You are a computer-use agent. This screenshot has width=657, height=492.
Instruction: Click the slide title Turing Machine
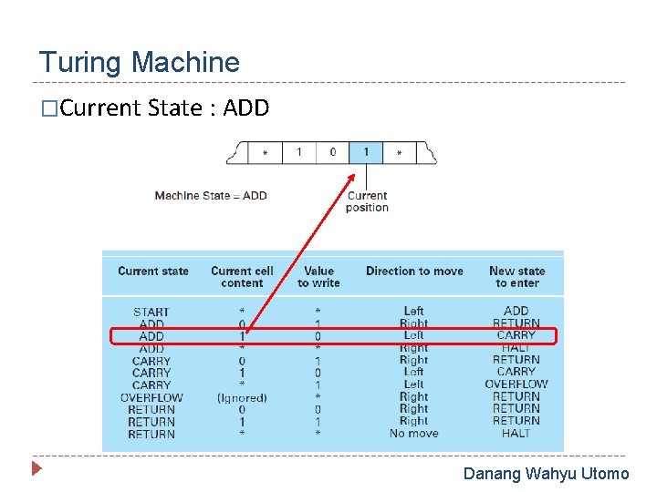[x=139, y=63]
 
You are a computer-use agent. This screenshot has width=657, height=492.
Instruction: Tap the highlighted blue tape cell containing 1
[x=366, y=152]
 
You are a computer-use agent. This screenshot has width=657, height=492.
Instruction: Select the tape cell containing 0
[x=332, y=152]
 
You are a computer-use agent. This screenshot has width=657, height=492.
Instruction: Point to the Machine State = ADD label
[x=211, y=195]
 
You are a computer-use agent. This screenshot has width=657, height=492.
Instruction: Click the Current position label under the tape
[x=367, y=201]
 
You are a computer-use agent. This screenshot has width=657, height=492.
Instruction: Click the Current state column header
[x=153, y=271]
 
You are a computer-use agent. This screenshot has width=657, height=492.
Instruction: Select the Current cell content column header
[x=242, y=276]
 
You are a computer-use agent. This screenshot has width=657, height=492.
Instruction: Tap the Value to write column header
[x=318, y=276]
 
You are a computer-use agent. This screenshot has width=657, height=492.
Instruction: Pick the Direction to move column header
[x=414, y=271]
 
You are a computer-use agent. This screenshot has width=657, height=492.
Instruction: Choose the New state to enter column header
[x=516, y=276]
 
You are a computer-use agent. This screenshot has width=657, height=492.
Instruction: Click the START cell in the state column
[x=151, y=312]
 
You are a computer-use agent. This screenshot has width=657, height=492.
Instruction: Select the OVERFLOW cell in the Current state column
[x=151, y=397]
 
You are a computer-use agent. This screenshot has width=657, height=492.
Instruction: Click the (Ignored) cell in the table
[x=242, y=397]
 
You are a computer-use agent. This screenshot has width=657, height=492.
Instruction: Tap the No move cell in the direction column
[x=413, y=434]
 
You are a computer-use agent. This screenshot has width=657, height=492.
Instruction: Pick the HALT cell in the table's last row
[x=516, y=434]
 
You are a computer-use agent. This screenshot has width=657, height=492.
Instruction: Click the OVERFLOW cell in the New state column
[x=516, y=384]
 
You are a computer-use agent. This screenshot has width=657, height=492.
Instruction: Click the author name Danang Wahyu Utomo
[x=546, y=474]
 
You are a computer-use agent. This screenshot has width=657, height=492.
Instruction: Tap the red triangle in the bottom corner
[x=36, y=470]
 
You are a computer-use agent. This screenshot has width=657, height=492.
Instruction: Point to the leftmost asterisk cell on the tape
[x=265, y=153]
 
